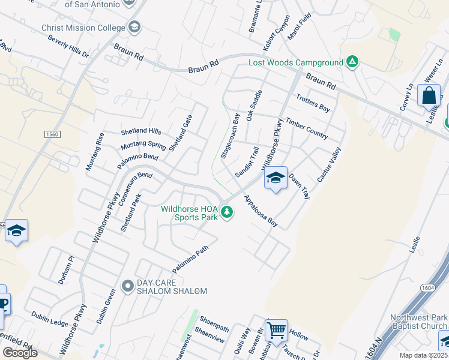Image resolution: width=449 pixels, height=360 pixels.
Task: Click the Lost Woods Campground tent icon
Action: [352, 62]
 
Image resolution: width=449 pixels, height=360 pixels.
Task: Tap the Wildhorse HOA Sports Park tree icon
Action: [227, 212]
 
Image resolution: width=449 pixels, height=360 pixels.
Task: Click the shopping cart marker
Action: [276, 329]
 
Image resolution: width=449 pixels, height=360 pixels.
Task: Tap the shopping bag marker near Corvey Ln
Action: [429, 97]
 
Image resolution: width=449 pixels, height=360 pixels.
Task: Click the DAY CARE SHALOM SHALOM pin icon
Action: [127, 286]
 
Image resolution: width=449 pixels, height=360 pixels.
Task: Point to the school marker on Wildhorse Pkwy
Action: [276, 178]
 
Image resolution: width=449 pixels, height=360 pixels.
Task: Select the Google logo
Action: [19, 353]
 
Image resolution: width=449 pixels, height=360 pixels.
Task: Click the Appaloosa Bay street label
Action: [261, 210]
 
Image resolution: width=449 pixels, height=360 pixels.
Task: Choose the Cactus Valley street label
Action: [328, 164]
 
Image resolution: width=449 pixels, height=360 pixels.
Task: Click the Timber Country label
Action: [307, 128]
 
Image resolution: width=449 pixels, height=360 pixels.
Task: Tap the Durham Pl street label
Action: [65, 269]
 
